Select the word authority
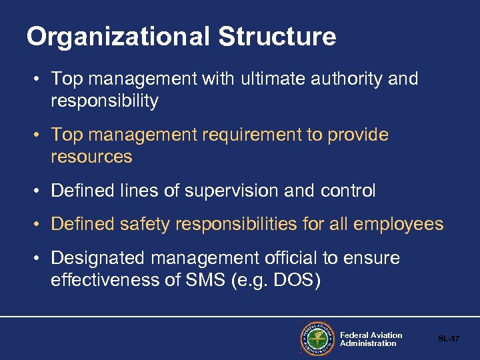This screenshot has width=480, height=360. [349, 79]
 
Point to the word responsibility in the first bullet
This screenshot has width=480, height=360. [104, 101]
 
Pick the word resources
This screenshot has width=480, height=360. [91, 157]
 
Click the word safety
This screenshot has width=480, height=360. [145, 225]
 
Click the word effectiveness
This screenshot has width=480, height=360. [105, 280]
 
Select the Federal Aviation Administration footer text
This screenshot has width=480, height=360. [371, 339]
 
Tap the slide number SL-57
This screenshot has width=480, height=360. [449, 339]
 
